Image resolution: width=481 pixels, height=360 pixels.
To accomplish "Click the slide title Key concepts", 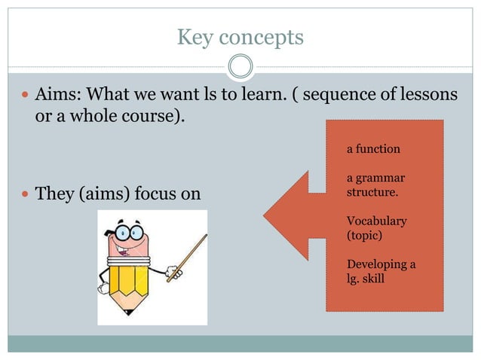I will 240,36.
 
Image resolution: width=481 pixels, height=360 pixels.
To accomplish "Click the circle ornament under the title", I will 240,67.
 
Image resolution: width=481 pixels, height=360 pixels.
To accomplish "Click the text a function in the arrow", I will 373,149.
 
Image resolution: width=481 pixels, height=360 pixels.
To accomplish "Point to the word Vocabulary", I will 376,221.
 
